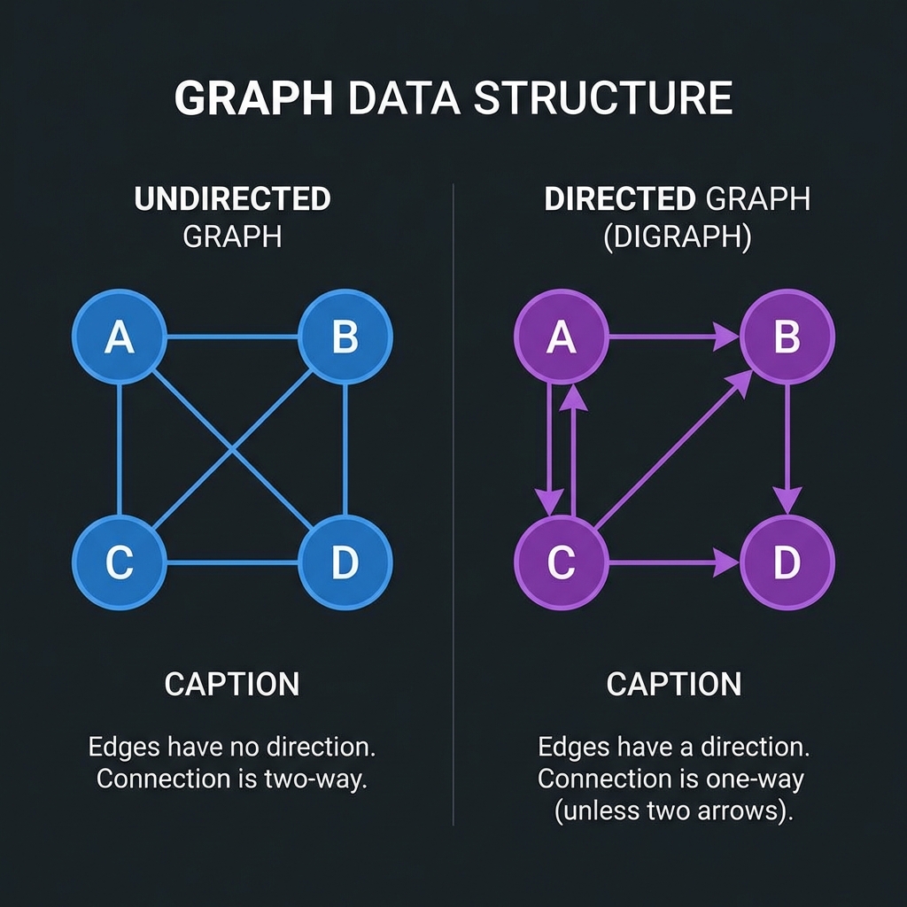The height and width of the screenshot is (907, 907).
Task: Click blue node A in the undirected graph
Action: [x=119, y=337]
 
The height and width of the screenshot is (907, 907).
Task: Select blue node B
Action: [x=345, y=337]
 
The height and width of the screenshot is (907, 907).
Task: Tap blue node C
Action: [x=119, y=562]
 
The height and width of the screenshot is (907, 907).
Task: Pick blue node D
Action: [x=345, y=562]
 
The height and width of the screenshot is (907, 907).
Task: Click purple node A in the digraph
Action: [x=561, y=337]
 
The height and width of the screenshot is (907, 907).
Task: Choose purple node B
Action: [x=787, y=337]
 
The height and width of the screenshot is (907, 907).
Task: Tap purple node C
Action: [x=561, y=562]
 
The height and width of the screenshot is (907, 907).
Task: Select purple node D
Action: [x=787, y=562]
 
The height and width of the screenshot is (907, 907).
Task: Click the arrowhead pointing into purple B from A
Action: [x=727, y=337]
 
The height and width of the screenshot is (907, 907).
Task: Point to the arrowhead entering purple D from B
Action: [x=787, y=500]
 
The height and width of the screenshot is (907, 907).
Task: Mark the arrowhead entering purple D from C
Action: [x=727, y=562]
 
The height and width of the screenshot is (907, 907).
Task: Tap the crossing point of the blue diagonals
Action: [x=232, y=450]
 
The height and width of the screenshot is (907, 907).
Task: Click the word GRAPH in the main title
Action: [x=253, y=97]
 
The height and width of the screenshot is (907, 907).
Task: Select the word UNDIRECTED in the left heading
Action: [x=232, y=199]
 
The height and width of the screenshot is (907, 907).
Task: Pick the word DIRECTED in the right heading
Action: [x=620, y=199]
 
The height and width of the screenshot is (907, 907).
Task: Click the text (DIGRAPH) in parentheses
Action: [x=678, y=239]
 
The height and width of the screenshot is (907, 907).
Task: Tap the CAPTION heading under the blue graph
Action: [x=232, y=684]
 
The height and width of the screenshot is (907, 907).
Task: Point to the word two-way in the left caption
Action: [x=322, y=779]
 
